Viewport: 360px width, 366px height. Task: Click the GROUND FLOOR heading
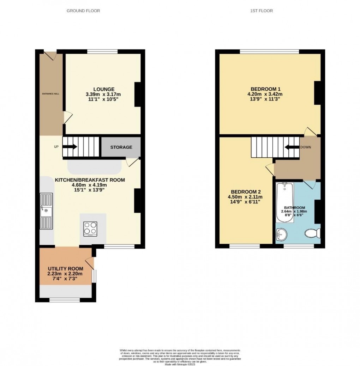point(83,11)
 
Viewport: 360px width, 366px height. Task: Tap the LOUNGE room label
point(103,89)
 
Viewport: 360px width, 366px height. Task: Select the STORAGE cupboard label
point(121,147)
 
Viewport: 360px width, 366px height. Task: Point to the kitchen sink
point(46,212)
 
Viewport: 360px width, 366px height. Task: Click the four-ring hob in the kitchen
point(90,228)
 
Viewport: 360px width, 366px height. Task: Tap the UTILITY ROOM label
point(65,269)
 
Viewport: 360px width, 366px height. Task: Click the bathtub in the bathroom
point(284,202)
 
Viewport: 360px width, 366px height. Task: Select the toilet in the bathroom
point(313,233)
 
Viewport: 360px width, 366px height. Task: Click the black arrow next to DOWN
point(292,147)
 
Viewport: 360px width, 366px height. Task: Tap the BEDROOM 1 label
point(265,89)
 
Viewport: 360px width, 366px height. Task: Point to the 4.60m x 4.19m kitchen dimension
point(90,185)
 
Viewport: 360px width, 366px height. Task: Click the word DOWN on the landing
point(306,147)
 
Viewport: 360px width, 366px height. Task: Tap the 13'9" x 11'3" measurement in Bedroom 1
point(265,100)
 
